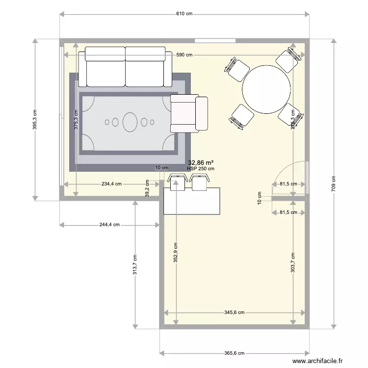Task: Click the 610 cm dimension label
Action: click(x=184, y=14)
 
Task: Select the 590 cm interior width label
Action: click(x=184, y=55)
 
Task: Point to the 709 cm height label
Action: click(x=334, y=184)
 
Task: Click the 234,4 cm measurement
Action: click(x=111, y=184)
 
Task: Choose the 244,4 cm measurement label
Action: click(x=109, y=225)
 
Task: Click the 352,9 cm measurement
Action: click(x=175, y=253)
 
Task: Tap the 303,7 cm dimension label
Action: click(x=293, y=263)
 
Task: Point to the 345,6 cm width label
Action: click(x=235, y=312)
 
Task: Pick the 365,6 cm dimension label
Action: click(x=235, y=353)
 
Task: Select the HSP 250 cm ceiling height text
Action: click(x=201, y=169)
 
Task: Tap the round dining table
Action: click(x=266, y=89)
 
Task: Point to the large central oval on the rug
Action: click(x=130, y=122)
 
